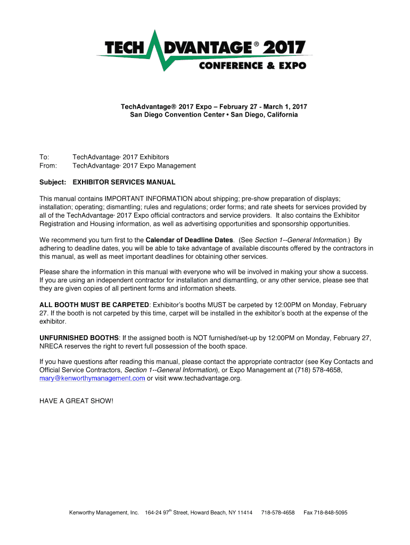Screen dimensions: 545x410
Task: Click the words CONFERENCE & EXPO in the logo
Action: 252,66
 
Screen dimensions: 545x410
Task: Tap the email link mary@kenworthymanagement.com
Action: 92,378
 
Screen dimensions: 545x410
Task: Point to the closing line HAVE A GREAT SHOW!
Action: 76,400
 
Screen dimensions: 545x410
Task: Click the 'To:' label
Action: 44,157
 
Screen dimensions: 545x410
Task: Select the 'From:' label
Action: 48,166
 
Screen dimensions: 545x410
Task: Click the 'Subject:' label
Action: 53,182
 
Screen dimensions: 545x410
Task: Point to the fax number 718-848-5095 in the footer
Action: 325,513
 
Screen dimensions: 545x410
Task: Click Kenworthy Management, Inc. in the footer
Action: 104,513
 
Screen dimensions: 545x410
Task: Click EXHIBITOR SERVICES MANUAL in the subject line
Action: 124,182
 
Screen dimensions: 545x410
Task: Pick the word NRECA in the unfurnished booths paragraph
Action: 52,346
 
